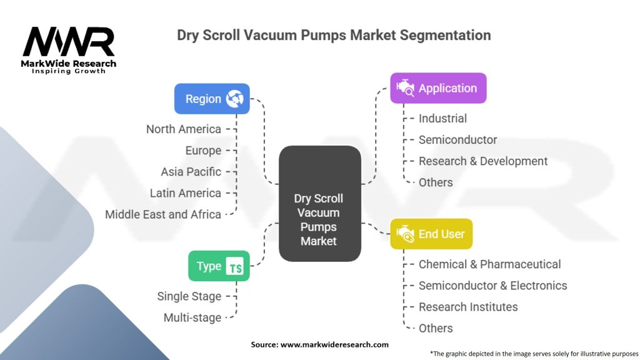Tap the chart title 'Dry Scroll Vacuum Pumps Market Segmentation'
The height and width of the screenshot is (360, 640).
click(334, 35)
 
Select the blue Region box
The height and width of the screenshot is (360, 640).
click(212, 99)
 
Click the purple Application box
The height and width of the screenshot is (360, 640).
click(438, 88)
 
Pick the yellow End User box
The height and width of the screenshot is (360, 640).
click(431, 234)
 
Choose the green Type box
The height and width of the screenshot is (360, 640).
click(219, 266)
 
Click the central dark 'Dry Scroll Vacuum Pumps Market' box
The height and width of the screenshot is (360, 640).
click(319, 219)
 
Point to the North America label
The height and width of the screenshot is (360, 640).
click(184, 129)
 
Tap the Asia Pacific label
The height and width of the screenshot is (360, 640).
click(191, 172)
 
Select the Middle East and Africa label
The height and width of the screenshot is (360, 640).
click(163, 214)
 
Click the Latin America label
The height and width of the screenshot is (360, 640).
click(186, 193)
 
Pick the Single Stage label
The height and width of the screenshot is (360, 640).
click(189, 296)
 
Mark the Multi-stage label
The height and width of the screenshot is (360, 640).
click(192, 317)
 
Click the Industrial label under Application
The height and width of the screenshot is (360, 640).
click(442, 118)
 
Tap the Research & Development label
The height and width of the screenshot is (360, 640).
click(483, 161)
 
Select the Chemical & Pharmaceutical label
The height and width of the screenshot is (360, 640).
click(490, 264)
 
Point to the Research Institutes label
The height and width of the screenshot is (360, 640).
click(468, 307)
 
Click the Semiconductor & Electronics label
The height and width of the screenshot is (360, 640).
click(493, 286)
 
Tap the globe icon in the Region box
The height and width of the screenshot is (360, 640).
click(236, 99)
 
